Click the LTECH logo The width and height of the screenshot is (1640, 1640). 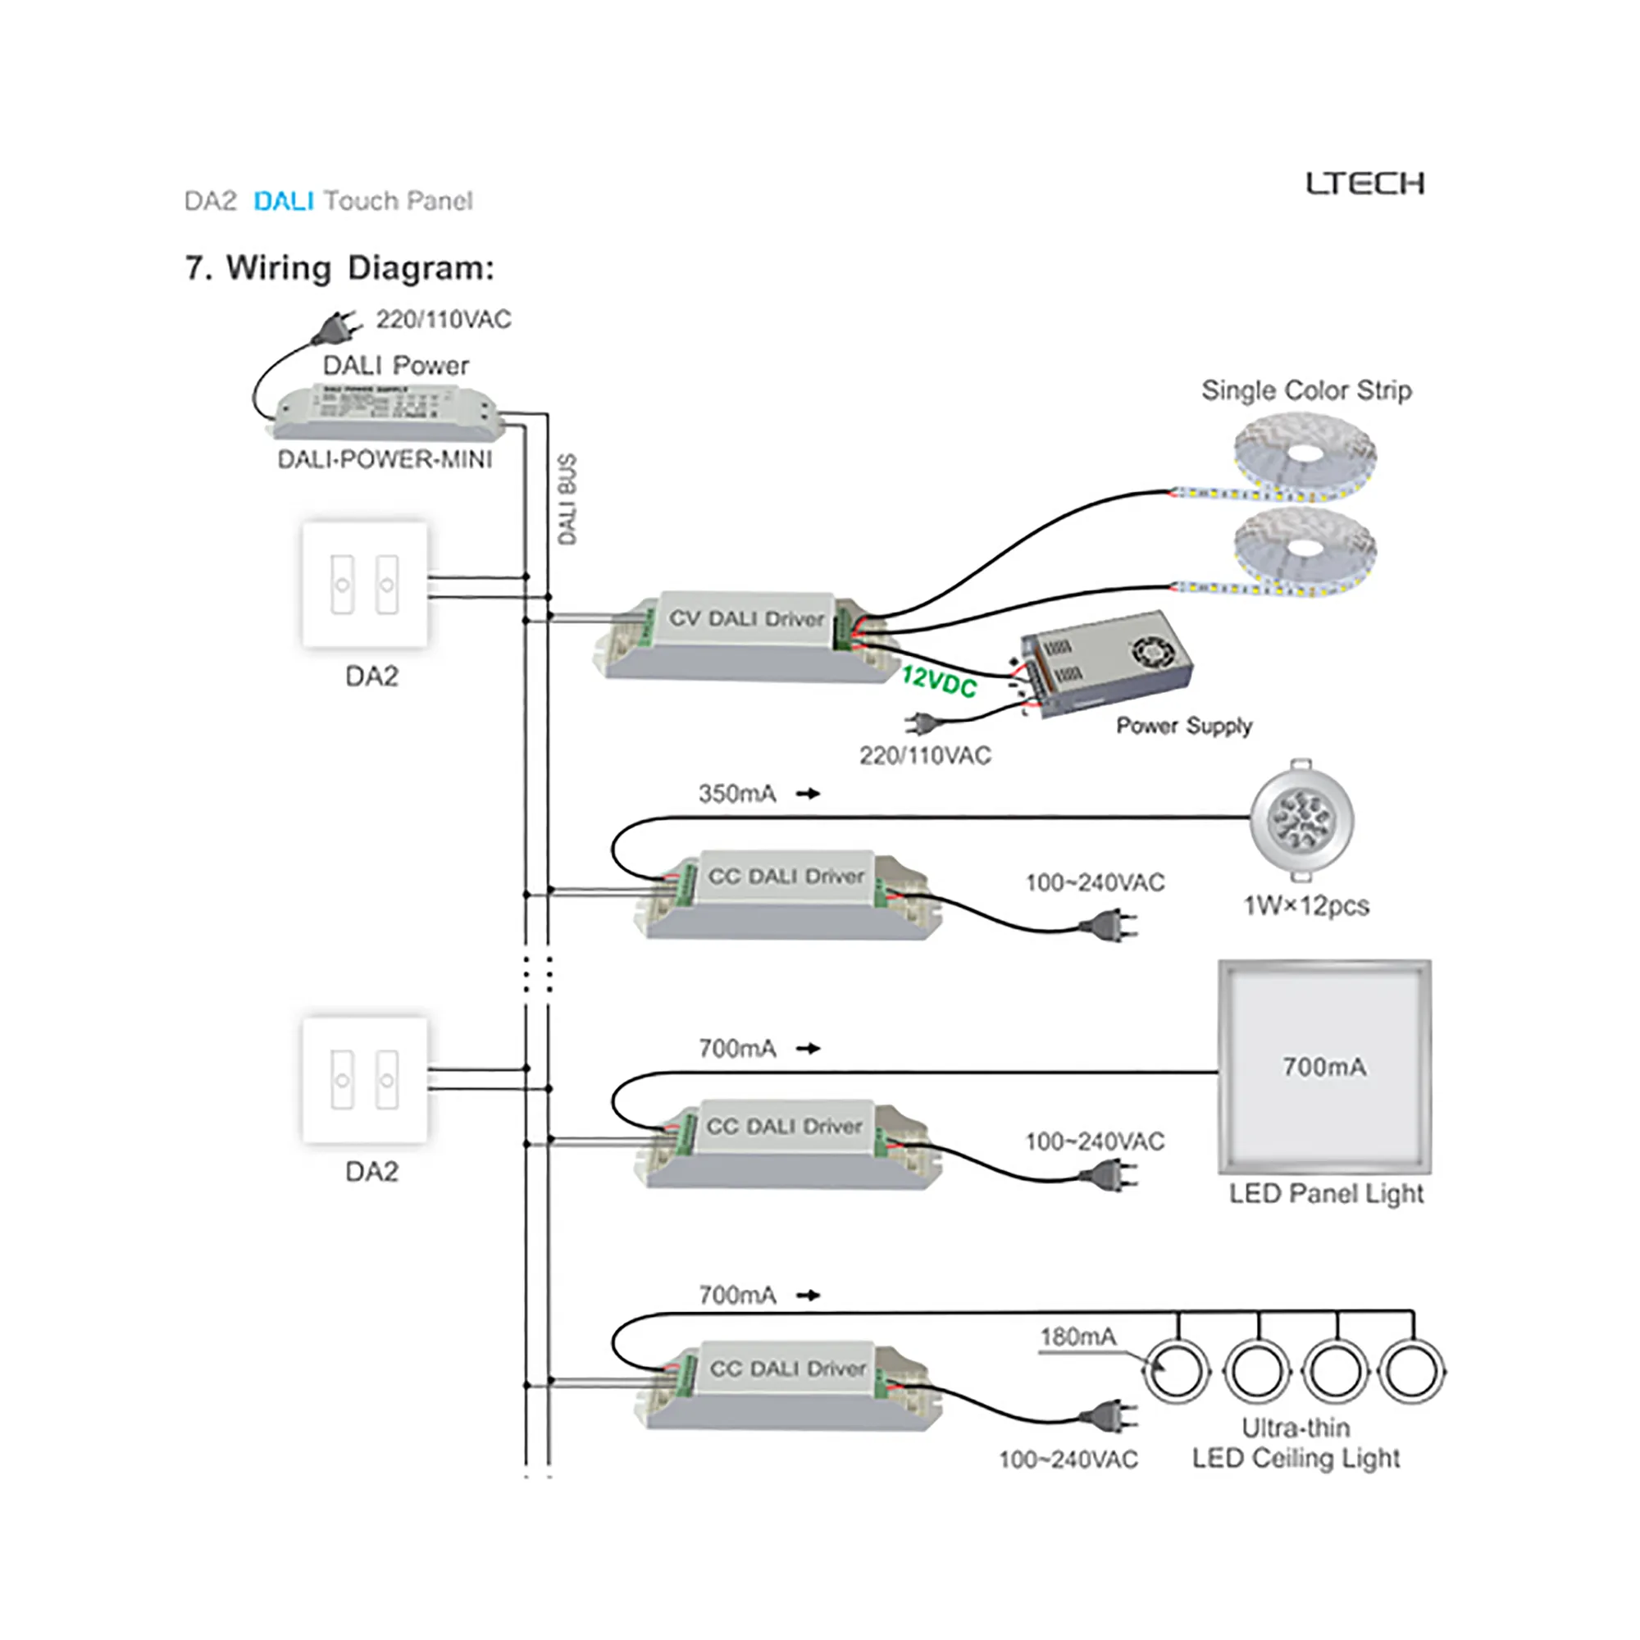[1364, 184]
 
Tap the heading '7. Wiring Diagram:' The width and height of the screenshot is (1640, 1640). [339, 268]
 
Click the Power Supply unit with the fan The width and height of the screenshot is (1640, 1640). [1105, 662]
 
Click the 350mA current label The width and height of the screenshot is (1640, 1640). [737, 794]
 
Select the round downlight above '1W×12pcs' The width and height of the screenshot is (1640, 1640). [1301, 819]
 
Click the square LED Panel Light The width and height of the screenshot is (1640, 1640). [1324, 1067]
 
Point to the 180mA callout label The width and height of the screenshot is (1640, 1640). [1077, 1336]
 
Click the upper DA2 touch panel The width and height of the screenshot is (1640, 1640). [365, 584]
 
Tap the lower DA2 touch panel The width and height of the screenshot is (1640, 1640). [365, 1080]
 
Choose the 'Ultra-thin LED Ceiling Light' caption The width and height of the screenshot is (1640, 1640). [1296, 1443]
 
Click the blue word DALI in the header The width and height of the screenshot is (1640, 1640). [284, 201]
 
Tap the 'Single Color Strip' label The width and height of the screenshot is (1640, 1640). [1306, 390]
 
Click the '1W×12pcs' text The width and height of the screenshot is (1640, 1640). [1305, 906]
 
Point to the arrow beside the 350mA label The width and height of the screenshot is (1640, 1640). [809, 794]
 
